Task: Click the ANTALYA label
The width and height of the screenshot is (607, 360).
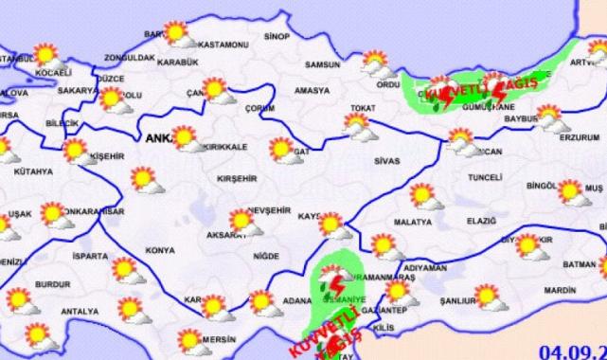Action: (x=80, y=311)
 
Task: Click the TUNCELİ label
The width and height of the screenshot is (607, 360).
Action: (x=484, y=177)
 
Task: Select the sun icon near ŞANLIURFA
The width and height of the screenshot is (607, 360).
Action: (x=487, y=297)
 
